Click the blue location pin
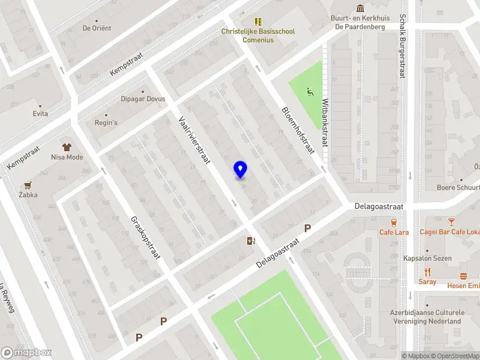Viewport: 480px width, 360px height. (x=240, y=170)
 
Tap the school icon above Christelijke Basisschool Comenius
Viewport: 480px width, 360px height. (x=259, y=22)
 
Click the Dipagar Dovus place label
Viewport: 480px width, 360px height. (x=143, y=99)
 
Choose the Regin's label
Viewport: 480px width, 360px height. (x=106, y=123)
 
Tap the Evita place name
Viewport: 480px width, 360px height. (x=41, y=113)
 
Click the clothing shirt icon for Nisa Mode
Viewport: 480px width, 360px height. (x=67, y=146)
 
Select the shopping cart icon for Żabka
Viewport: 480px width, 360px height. (x=27, y=185)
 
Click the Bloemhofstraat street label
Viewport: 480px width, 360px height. (x=298, y=130)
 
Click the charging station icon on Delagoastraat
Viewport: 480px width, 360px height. (x=250, y=241)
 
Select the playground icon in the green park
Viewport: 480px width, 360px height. (x=310, y=92)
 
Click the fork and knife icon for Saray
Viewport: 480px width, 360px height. (x=427, y=272)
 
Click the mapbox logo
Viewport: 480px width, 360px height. (x=26, y=353)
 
